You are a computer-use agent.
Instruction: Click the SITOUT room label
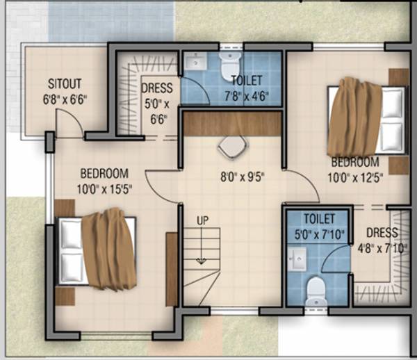pyautogui.click(x=65, y=81)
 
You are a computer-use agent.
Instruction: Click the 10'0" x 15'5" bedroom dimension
pyautogui.click(x=104, y=187)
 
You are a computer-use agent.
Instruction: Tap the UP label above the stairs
pyautogui.click(x=202, y=221)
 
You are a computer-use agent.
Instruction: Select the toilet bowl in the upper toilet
pyautogui.click(x=229, y=59)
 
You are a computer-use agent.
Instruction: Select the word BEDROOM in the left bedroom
pyautogui.click(x=104, y=174)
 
